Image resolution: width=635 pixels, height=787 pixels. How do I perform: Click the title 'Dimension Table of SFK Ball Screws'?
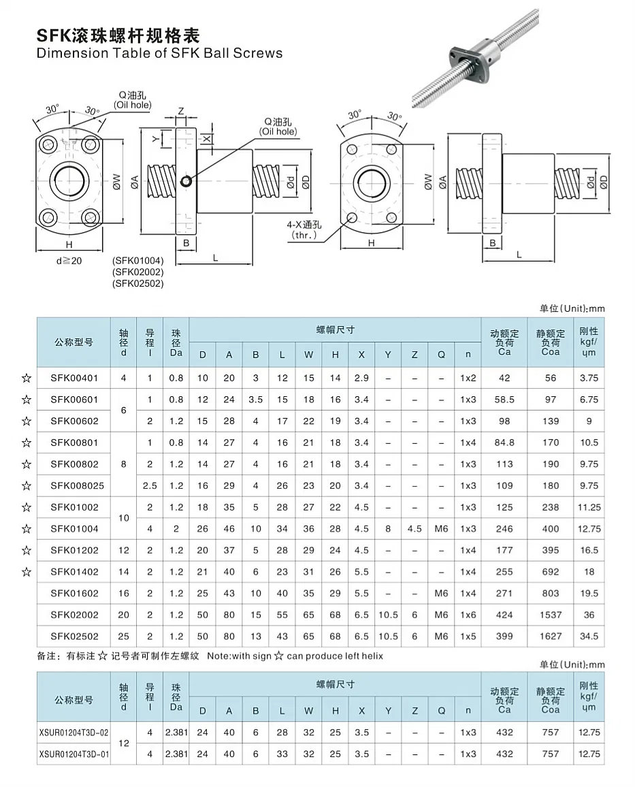click(x=159, y=53)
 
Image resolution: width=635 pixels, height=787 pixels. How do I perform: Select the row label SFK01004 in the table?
click(x=74, y=529)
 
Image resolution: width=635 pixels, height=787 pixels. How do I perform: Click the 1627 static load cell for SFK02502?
click(x=550, y=637)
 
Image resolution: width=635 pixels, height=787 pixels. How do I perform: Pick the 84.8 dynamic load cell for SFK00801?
click(x=504, y=443)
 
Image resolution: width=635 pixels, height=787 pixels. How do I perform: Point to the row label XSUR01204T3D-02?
click(x=74, y=733)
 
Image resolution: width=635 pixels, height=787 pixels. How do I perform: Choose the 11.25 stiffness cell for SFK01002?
click(x=589, y=507)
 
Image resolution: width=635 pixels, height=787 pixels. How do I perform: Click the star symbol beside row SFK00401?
click(x=27, y=378)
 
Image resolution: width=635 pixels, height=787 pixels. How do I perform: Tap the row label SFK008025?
click(x=74, y=486)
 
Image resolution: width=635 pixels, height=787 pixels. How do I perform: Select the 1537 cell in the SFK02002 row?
click(x=550, y=615)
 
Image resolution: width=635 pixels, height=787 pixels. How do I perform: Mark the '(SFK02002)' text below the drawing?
click(x=137, y=272)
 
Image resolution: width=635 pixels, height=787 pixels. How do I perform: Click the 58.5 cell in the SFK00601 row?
click(x=504, y=400)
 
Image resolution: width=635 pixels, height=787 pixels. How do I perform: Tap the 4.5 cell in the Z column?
click(x=414, y=529)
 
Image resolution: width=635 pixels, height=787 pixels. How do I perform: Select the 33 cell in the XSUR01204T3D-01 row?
click(x=282, y=754)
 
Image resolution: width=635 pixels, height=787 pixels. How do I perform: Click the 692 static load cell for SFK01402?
click(x=550, y=572)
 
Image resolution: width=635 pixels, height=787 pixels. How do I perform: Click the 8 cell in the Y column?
click(x=387, y=529)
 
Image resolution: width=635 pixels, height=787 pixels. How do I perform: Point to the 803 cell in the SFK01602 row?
click(x=550, y=594)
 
